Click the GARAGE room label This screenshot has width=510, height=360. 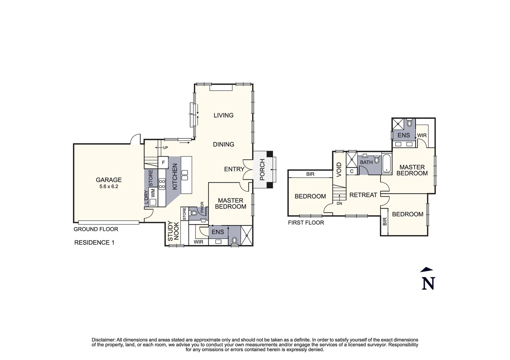(109, 180)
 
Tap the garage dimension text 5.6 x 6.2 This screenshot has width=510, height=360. (109, 187)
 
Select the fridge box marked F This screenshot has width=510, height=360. (163, 163)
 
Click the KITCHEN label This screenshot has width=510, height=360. (175, 177)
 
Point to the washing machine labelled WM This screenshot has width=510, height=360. (153, 193)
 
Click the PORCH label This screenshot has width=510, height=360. (262, 170)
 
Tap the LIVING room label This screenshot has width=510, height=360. (223, 115)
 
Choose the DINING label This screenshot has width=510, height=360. (223, 144)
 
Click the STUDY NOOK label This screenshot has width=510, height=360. (173, 231)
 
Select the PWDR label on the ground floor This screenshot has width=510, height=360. (202, 207)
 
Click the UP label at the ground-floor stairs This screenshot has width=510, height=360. (165, 148)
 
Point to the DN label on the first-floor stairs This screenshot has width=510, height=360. (339, 203)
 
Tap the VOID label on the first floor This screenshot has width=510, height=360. (339, 170)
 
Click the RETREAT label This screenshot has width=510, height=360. (363, 195)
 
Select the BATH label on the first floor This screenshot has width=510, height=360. (366, 162)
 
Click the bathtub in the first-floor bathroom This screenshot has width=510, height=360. (387, 163)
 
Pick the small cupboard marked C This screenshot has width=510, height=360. (352, 171)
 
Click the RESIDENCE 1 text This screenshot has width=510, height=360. (94, 243)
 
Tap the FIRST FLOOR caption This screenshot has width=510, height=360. (306, 223)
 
